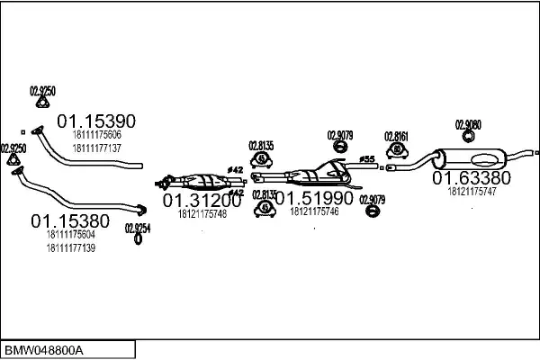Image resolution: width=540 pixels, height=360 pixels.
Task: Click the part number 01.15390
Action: pos(96,121)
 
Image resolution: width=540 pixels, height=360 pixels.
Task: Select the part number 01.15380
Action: pos(70,220)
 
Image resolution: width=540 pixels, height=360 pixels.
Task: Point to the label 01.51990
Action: pos(314,197)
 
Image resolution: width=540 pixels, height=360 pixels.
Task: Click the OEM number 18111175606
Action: pos(95,135)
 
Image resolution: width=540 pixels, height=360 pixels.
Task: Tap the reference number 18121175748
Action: pos(202,214)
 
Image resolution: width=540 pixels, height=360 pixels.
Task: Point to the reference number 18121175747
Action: pos(472,191)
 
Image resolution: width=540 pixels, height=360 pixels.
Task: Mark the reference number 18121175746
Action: pos(314,211)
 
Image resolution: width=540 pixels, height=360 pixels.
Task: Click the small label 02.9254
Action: pos(137,228)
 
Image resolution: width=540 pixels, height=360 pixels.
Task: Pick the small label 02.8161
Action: pos(397,136)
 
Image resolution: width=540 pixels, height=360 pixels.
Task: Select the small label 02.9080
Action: pos(468,124)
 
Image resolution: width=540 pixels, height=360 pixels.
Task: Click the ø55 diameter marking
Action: pos(367,160)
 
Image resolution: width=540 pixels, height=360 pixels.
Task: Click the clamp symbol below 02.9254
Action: pos(138,239)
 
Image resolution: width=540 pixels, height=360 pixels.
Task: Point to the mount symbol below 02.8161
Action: pos(397,149)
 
